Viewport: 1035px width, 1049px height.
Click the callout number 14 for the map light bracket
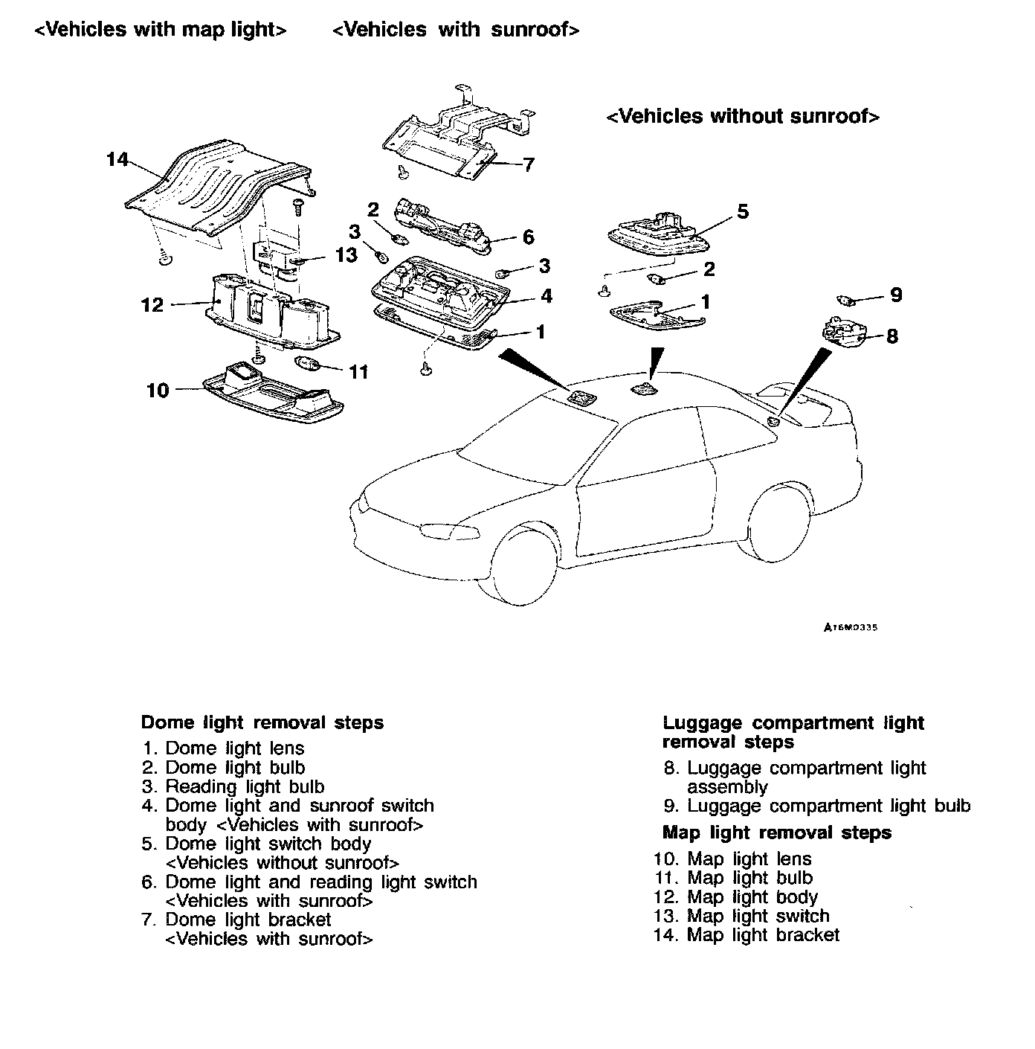coord(117,159)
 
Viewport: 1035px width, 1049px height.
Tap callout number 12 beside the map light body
coord(152,305)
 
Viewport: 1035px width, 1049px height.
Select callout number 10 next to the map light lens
coord(158,390)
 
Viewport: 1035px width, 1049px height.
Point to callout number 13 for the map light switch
coord(346,255)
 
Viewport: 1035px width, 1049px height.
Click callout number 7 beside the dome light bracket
coord(529,164)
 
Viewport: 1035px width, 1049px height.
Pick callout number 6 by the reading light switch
coord(529,237)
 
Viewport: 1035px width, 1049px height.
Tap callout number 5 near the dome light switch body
coord(743,212)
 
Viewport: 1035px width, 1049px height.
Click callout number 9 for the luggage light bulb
coord(896,295)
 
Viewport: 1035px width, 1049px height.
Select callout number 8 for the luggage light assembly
coord(892,336)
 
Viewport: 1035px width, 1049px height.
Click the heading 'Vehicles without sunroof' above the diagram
coord(744,117)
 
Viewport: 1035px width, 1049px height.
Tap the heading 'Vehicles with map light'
coord(161,30)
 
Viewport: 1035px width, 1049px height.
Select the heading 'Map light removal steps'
coord(776,833)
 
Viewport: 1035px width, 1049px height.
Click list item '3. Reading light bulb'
coord(233,786)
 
